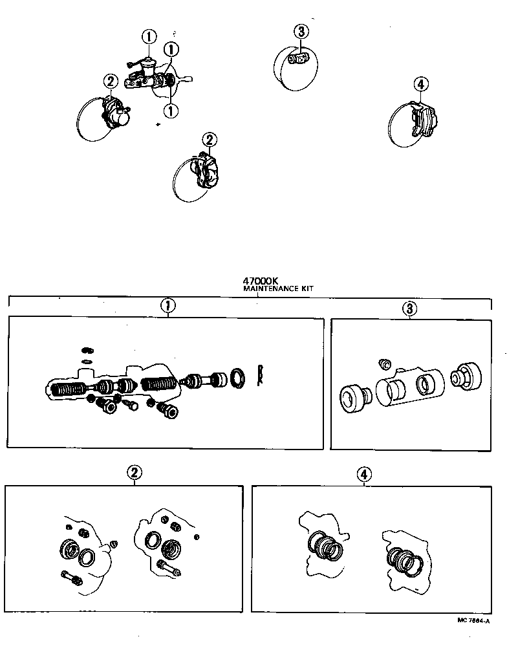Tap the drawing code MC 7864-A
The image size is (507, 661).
(x=473, y=620)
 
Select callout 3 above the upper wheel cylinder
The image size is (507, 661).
(x=301, y=30)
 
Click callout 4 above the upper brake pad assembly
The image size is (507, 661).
(x=420, y=84)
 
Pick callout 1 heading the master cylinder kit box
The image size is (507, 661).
(x=167, y=306)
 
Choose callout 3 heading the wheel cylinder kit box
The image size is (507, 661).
(x=409, y=309)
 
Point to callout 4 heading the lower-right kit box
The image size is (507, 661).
(x=365, y=475)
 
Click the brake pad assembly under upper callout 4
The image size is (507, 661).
(x=422, y=120)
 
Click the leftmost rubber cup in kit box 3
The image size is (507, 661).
(x=353, y=396)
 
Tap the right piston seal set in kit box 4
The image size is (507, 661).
(x=405, y=559)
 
